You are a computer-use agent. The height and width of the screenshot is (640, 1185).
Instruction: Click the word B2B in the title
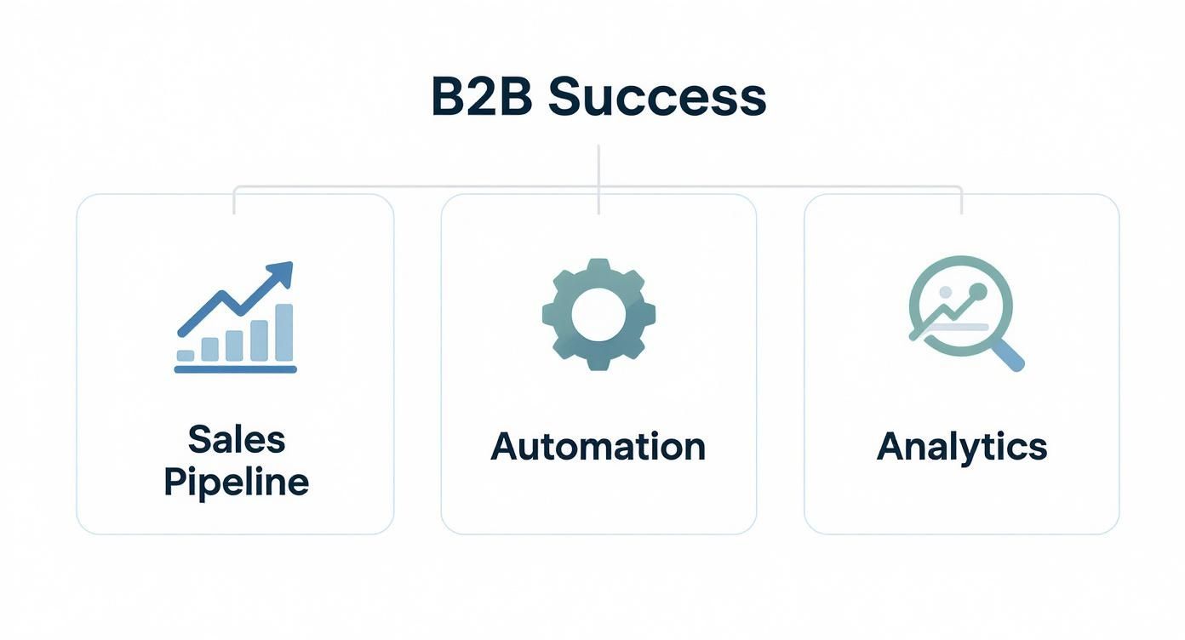pos(482,98)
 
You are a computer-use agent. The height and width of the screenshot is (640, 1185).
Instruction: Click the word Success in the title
pos(656,98)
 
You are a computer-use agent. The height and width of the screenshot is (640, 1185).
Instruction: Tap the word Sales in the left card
pos(236,440)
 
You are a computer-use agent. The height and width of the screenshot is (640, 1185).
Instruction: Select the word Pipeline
pos(236,483)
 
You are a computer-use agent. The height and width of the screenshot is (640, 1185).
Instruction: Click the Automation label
pos(598,447)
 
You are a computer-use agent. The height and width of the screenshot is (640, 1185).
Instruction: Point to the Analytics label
pos(961,447)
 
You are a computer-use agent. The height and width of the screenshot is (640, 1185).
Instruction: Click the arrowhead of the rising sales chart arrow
pos(282,273)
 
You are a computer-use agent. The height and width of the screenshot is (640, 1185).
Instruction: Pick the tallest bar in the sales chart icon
pos(283,332)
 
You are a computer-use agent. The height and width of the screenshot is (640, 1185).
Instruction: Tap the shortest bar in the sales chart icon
pos(186,355)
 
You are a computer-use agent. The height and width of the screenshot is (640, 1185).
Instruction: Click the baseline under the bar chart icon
pos(235,369)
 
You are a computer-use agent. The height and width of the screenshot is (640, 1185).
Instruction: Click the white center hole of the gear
pos(598,314)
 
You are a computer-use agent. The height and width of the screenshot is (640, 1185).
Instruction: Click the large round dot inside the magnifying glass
pos(976,292)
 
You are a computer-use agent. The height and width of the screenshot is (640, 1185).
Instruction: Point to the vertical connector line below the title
pos(598,166)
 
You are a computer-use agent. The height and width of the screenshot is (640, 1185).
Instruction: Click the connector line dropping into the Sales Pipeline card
pos(234,201)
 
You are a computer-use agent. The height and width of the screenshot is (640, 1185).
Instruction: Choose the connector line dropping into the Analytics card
pos(961,201)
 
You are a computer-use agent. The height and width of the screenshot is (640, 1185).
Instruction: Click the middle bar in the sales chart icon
pos(234,345)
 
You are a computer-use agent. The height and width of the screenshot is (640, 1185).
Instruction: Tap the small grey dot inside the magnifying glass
pos(945,293)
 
